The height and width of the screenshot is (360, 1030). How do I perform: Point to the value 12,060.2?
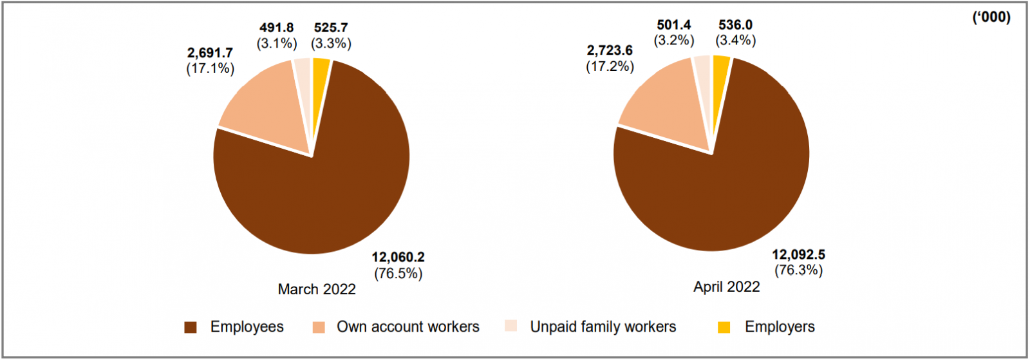click(x=398, y=257)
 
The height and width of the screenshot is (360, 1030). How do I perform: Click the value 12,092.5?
click(x=798, y=254)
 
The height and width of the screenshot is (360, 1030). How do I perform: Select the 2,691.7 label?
click(x=210, y=53)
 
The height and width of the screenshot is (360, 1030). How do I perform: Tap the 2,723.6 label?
click(x=610, y=50)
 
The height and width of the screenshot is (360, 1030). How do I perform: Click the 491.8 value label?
click(x=277, y=28)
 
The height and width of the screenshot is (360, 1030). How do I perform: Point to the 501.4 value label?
click(x=674, y=25)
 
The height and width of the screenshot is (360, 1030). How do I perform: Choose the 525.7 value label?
click(x=331, y=28)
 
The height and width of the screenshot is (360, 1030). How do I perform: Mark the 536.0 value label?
click(x=735, y=25)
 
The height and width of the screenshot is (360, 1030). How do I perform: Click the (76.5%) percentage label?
click(x=398, y=273)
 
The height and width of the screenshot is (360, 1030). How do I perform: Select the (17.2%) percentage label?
click(x=610, y=66)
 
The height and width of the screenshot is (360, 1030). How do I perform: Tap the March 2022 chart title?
click(x=317, y=289)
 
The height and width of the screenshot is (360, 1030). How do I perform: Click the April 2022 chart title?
click(x=726, y=287)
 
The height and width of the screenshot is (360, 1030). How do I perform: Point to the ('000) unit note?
click(x=991, y=17)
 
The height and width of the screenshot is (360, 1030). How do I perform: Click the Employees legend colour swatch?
click(x=191, y=327)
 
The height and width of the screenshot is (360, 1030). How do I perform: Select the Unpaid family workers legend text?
click(x=603, y=327)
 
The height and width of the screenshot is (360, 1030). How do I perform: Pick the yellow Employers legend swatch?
click(x=724, y=327)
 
